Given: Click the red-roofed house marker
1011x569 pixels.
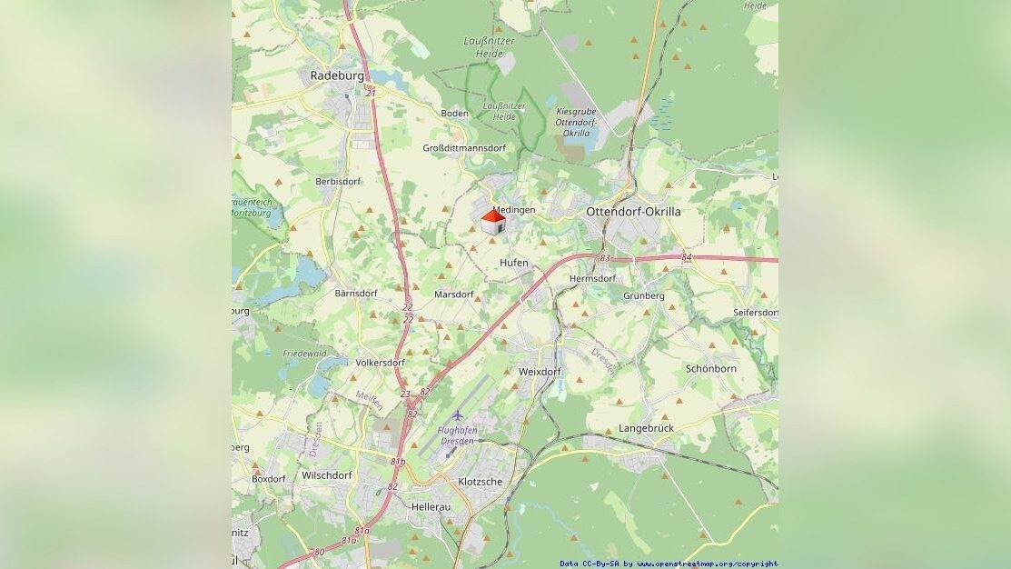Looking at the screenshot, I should (x=493, y=223).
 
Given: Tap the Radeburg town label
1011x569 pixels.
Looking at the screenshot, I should (x=336, y=75).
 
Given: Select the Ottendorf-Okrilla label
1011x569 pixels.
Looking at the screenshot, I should (x=633, y=212).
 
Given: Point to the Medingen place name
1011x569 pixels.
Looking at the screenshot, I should (x=515, y=210).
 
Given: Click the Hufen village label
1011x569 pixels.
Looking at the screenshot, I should (x=513, y=263).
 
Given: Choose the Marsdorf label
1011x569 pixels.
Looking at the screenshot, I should (x=454, y=294).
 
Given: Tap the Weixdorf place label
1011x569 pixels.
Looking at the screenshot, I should (x=540, y=372).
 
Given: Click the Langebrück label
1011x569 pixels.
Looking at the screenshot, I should (x=646, y=427).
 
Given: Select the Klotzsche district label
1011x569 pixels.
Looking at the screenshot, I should (x=480, y=482).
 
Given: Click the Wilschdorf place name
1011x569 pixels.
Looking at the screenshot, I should (x=326, y=475).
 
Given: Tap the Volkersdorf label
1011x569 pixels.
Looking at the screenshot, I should (x=380, y=362).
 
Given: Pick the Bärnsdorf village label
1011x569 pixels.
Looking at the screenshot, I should (x=356, y=294).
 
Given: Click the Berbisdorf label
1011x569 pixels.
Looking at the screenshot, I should (x=338, y=182).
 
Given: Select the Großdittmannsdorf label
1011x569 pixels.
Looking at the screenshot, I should (x=464, y=148).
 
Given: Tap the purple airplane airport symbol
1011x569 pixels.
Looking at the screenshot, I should (x=457, y=415).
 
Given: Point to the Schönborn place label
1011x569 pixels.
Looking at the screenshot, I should (x=711, y=369).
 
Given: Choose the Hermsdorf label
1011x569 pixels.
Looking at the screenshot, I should (x=592, y=278).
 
